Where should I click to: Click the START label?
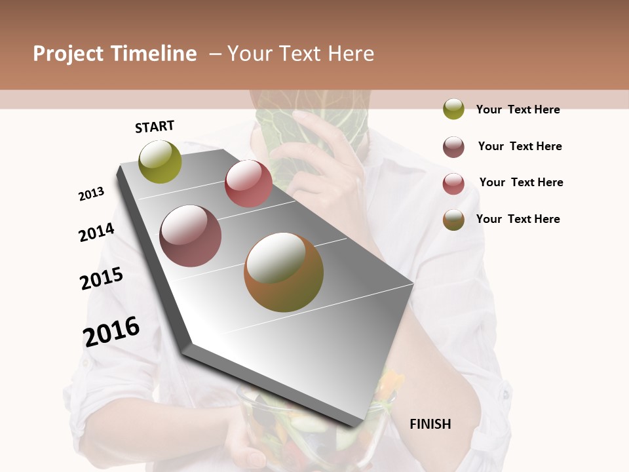point(155,127)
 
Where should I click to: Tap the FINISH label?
point(430,424)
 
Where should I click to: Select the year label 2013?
point(92,194)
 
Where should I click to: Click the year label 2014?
point(97,232)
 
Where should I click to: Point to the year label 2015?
point(102,279)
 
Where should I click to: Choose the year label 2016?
point(111,331)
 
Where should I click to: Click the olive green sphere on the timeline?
point(161,162)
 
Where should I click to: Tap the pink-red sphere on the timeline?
point(248,184)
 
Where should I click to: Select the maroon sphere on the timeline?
point(191,236)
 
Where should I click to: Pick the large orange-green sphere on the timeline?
point(284,272)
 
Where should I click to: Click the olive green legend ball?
point(453,109)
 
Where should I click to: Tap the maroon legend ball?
point(453,147)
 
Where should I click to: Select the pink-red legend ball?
point(453,184)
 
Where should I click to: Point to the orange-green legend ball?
point(453,220)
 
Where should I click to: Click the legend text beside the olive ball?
point(518,109)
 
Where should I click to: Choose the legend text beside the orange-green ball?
point(518,219)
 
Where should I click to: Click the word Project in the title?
point(68,54)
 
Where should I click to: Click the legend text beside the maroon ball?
point(520,146)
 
